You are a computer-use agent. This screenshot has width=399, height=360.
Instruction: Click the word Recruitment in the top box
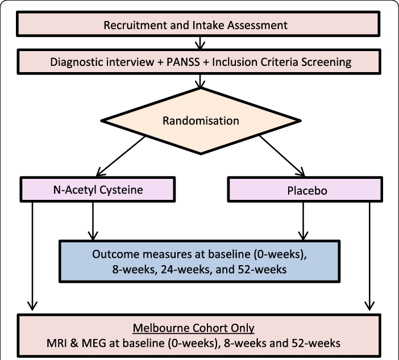click(132, 26)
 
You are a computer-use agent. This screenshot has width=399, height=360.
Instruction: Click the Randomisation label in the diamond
click(201, 121)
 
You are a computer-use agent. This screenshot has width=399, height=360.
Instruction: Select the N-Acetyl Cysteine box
click(98, 190)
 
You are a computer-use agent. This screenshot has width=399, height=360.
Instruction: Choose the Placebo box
click(305, 190)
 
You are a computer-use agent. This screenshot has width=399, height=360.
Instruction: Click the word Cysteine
click(122, 190)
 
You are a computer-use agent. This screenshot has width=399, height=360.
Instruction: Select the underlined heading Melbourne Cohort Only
click(193, 328)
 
